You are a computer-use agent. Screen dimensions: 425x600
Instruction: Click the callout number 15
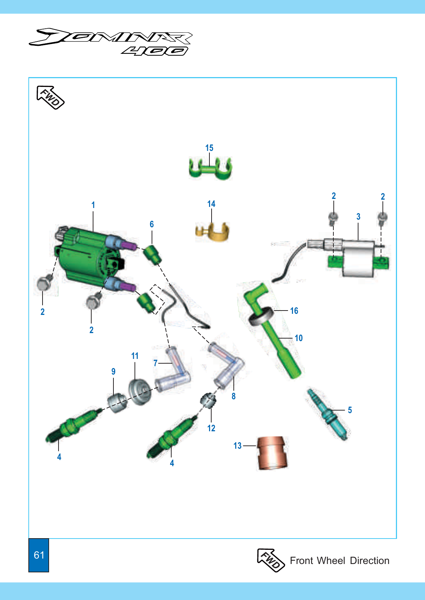(209, 148)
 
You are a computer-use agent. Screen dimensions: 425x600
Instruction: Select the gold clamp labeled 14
(212, 232)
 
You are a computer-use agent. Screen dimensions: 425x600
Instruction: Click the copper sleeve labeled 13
(272, 453)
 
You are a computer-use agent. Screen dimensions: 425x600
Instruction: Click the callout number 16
(294, 311)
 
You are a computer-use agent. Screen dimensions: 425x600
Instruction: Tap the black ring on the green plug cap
(261, 316)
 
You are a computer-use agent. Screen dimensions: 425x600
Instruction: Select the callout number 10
(298, 338)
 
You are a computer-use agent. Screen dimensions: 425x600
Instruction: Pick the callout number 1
(93, 205)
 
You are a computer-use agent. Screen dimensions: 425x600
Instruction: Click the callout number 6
(152, 224)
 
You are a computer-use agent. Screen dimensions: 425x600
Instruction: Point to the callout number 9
(113, 371)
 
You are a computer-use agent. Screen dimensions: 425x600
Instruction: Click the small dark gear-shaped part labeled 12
(208, 400)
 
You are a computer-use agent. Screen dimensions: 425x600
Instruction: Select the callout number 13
(237, 446)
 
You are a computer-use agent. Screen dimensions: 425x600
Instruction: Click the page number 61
(39, 555)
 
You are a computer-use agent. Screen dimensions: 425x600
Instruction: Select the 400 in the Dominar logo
(155, 51)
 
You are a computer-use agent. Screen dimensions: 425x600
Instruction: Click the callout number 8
(233, 396)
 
